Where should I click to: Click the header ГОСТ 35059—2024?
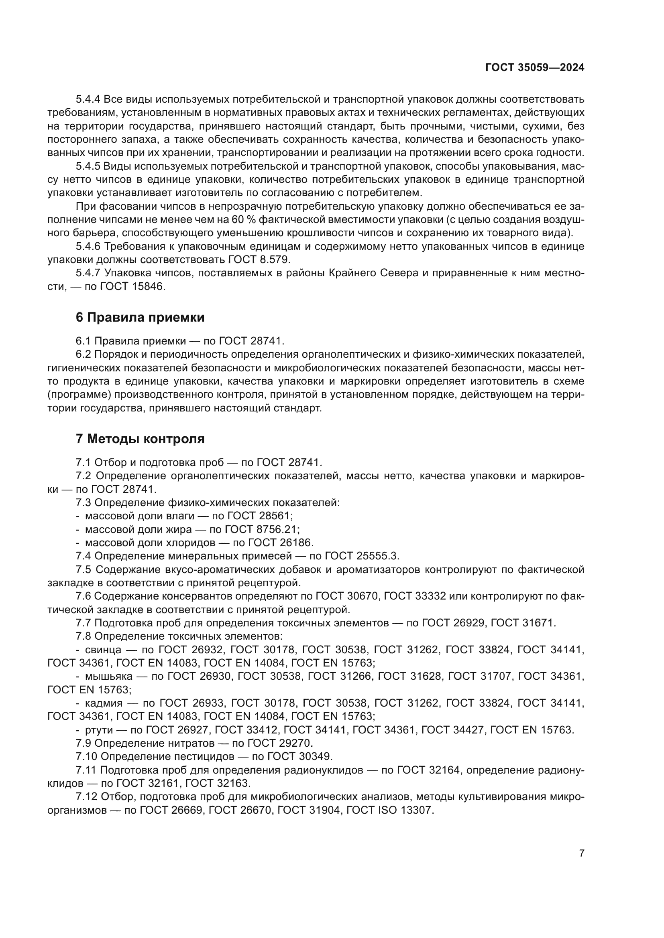tap(534, 68)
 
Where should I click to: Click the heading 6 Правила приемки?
tap(140, 317)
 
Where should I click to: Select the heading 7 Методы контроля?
tap(140, 439)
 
